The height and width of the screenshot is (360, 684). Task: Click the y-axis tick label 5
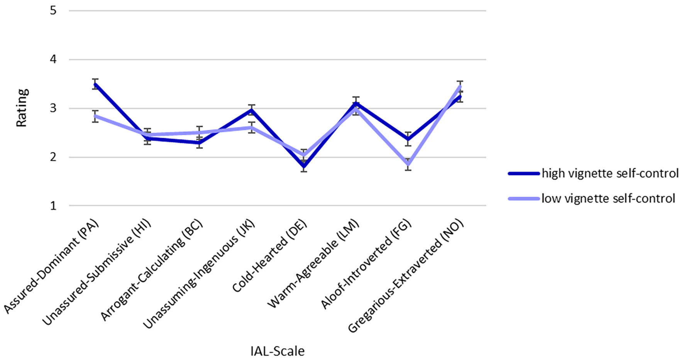point(53,10)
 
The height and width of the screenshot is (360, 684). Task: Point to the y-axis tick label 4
point(53,59)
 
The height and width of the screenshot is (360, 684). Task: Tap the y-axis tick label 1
point(53,206)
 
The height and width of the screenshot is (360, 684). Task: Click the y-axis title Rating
point(22,108)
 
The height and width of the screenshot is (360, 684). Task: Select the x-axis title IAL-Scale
point(278,351)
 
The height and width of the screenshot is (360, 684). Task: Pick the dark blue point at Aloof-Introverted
point(408,139)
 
